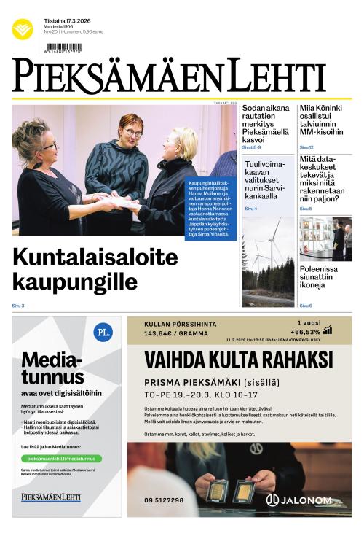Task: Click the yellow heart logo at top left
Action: click(x=23, y=29)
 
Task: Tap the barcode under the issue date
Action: click(x=63, y=47)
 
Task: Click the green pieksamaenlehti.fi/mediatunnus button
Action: click(x=61, y=459)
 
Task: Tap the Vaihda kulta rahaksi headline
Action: click(x=238, y=360)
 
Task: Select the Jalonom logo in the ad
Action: click(x=299, y=500)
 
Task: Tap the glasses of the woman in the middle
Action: click(x=132, y=133)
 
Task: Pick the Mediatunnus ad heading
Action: click(x=52, y=368)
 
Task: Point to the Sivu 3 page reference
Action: click(x=18, y=306)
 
